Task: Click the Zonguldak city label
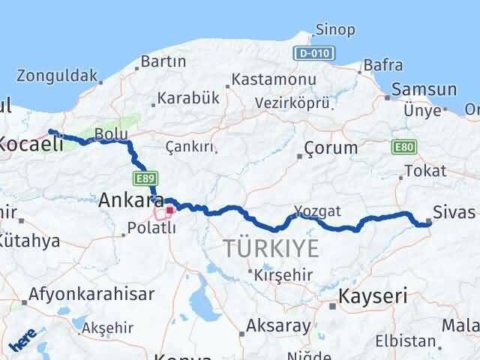pos(57,75)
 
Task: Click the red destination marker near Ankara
pos(169,211)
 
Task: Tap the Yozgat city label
pos(317,211)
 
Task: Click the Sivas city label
pos(454,211)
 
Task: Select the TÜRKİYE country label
pos(271,248)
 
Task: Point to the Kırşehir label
pos(283,274)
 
